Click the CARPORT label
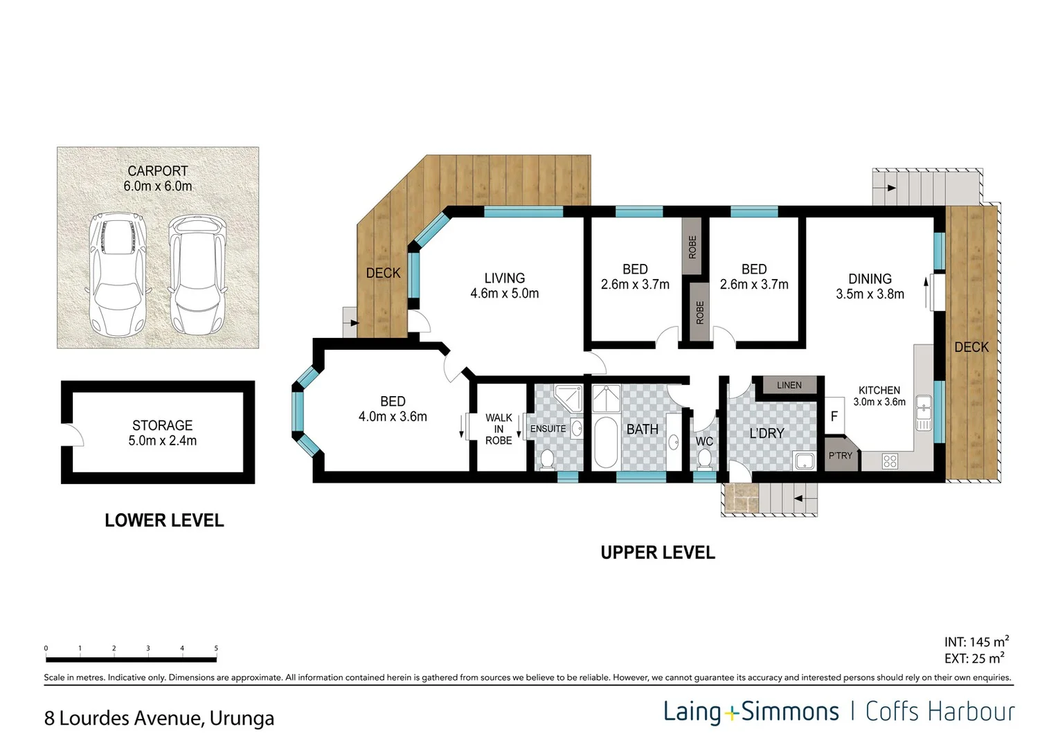(x=158, y=171)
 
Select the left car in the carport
(x=118, y=273)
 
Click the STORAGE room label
(x=162, y=425)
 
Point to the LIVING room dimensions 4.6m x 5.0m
(x=504, y=294)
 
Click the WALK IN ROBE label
(x=499, y=429)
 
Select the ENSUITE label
(x=548, y=429)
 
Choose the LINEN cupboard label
(x=789, y=385)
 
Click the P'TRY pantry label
(x=841, y=456)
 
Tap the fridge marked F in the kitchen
(x=834, y=416)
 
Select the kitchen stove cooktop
(x=890, y=461)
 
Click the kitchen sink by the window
(x=922, y=413)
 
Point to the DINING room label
(x=870, y=278)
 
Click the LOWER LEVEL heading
(x=164, y=520)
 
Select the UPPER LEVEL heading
(x=657, y=552)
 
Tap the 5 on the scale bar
(x=216, y=649)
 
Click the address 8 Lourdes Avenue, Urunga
(x=159, y=718)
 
